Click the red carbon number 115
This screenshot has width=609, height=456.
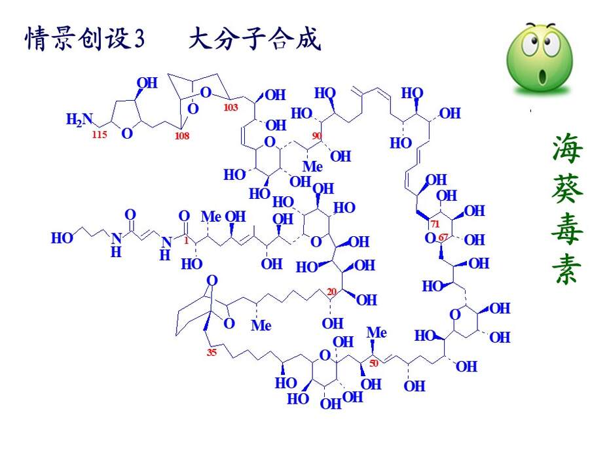(100, 134)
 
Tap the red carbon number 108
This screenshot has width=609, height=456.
(182, 135)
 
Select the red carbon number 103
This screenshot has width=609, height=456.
(231, 107)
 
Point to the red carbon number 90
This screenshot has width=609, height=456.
(317, 135)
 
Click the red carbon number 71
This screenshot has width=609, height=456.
(435, 224)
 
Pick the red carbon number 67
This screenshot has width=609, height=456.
(443, 237)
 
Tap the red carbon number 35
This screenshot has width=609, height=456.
(212, 352)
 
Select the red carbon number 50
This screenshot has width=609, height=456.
(374, 363)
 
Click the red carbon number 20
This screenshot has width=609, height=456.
(331, 291)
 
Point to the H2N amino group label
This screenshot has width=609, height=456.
(79, 119)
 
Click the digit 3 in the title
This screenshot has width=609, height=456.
(139, 39)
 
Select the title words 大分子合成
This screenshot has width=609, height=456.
(255, 39)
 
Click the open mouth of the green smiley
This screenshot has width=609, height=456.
(542, 76)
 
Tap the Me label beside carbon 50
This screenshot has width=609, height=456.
(377, 332)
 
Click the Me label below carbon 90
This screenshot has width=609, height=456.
(312, 166)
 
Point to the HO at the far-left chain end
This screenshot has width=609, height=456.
(62, 237)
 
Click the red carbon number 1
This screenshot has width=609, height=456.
(186, 241)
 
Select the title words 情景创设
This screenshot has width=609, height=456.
(77, 39)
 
